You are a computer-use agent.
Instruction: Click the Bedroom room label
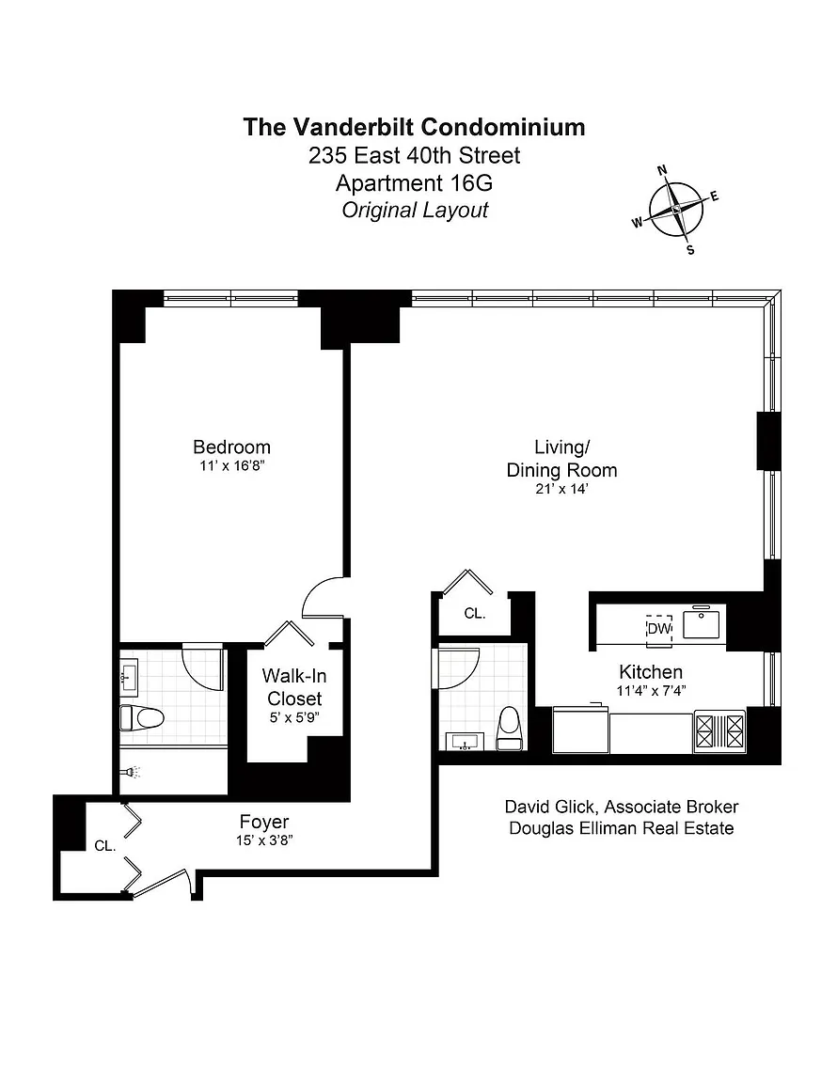tap(231, 447)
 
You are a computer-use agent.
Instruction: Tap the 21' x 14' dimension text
tap(561, 489)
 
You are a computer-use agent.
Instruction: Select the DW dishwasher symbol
tap(659, 629)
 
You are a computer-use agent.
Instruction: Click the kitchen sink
tap(702, 623)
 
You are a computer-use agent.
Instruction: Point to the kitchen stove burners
tap(720, 730)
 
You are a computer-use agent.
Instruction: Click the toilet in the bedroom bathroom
tap(142, 717)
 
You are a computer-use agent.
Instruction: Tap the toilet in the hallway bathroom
tap(510, 728)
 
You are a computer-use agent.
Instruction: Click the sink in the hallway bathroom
tap(466, 743)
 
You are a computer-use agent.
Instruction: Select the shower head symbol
tap(132, 772)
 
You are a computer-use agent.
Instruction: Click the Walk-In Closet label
tap(294, 687)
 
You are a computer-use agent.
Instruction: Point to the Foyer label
tap(264, 822)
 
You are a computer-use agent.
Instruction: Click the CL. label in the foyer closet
tap(105, 845)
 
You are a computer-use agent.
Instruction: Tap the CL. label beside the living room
tap(475, 613)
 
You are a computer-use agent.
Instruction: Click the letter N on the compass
tap(661, 170)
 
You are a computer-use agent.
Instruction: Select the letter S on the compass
tap(690, 250)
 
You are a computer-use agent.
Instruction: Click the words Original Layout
tap(415, 210)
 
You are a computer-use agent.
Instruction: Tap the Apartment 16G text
tap(414, 183)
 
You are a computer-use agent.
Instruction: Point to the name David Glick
tap(551, 807)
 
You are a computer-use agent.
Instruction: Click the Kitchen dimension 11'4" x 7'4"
tap(651, 691)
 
